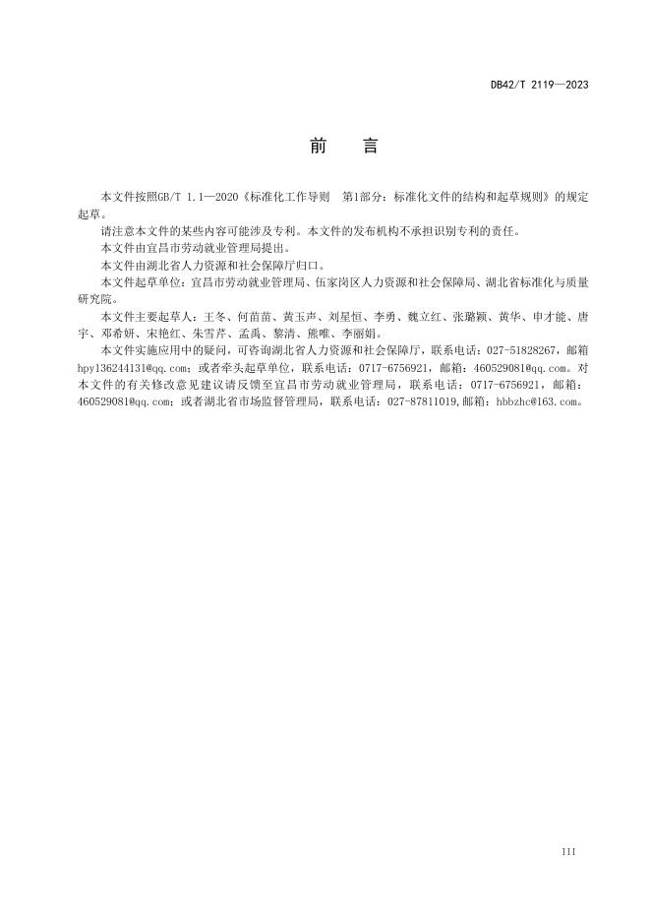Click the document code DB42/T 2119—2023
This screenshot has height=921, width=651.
[x=539, y=85]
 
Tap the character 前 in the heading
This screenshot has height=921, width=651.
[x=318, y=147]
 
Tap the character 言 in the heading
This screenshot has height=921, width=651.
[x=369, y=147]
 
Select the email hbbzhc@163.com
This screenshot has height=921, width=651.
[x=540, y=401]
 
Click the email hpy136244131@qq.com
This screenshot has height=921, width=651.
[x=125, y=367]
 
